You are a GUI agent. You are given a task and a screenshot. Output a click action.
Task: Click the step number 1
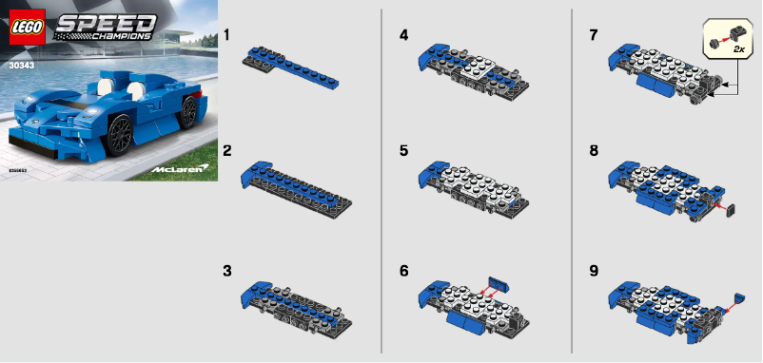point(226,35)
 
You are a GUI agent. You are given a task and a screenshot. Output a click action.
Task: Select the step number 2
point(226,151)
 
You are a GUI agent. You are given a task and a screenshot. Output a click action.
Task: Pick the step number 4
point(404,35)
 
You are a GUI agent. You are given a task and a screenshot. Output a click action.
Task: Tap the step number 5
point(404,151)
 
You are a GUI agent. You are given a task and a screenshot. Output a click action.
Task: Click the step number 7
point(594,35)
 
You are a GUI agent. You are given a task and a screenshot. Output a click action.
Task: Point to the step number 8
point(594,151)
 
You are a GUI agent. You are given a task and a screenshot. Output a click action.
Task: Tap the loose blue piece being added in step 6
point(499,282)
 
